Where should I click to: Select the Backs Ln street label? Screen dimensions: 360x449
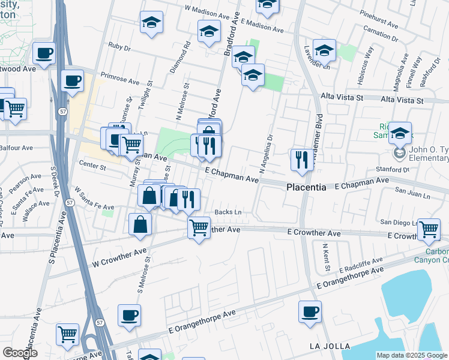[228, 212]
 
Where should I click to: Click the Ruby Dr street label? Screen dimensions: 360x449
[119, 45]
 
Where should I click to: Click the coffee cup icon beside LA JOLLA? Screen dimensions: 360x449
[310, 312]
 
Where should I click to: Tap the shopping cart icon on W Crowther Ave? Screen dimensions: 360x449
[199, 227]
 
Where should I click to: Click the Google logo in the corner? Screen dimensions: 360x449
[20, 353]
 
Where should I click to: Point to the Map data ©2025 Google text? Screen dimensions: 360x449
[412, 355]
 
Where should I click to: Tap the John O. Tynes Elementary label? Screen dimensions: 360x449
[430, 154]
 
